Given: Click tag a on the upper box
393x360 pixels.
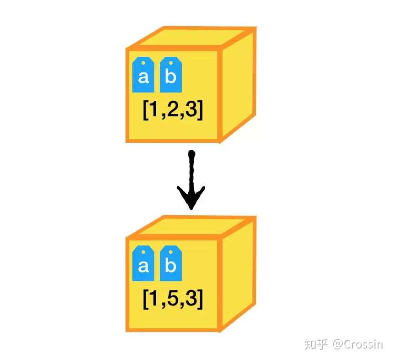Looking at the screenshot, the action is pos(143,75).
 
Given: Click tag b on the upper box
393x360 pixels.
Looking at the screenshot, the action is pos(170,75).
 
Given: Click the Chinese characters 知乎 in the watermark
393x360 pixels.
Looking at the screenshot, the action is pos(317,344).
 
